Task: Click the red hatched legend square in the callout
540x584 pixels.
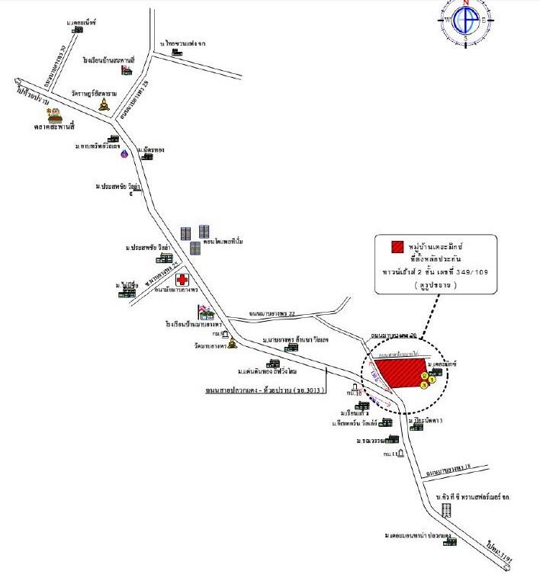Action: pyautogui.click(x=397, y=247)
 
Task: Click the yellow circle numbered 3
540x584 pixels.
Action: pyautogui.click(x=424, y=386)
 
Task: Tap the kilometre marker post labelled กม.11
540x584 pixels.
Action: pyautogui.click(x=400, y=456)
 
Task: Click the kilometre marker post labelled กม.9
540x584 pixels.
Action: pyautogui.click(x=226, y=335)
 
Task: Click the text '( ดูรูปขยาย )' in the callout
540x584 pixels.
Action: pyautogui.click(x=436, y=284)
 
